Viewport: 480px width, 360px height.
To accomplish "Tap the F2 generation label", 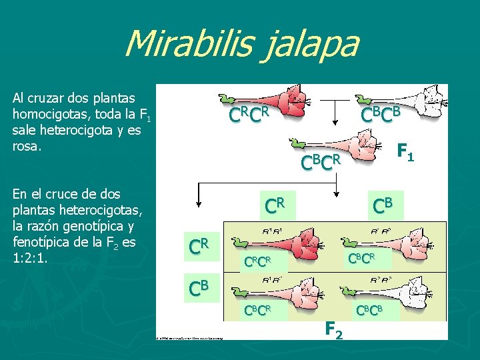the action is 334,329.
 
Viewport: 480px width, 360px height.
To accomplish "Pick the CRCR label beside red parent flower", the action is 249,115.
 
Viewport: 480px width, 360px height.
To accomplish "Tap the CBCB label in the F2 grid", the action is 371,311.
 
